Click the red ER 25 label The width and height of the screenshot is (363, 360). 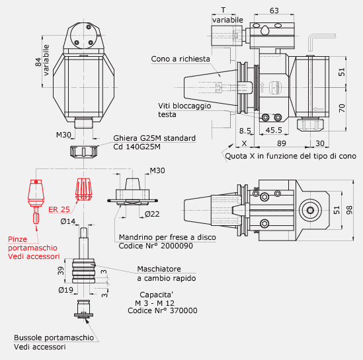click(59, 209)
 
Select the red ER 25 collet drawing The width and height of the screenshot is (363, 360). click(83, 189)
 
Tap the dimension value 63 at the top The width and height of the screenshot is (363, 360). click(274, 11)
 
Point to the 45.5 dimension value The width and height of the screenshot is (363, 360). click(274, 130)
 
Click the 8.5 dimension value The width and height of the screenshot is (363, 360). click(245, 131)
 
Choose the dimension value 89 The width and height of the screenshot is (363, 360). click(282, 143)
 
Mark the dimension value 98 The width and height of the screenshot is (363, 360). click(349, 210)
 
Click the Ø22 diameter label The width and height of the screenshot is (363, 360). click(152, 214)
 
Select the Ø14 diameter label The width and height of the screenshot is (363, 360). click(68, 221)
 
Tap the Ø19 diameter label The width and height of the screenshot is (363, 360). click(65, 290)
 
